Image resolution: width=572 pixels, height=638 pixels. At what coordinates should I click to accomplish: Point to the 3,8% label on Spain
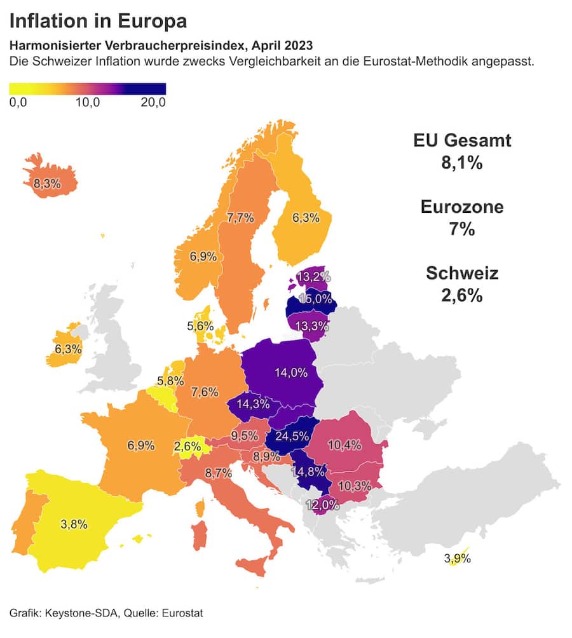point(74,524)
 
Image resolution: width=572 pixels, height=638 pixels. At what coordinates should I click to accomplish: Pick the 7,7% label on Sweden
point(240,218)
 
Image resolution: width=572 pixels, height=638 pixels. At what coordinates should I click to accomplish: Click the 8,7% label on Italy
point(218,473)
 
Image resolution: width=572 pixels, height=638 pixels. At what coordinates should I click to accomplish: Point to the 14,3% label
point(251,404)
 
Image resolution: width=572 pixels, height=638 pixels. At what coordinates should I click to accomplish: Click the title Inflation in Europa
point(99,21)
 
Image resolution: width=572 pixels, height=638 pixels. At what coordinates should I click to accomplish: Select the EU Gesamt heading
point(461,140)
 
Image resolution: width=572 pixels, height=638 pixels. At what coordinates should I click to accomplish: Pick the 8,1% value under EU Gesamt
point(461,163)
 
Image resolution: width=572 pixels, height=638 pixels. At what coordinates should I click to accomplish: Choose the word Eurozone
point(461,207)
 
